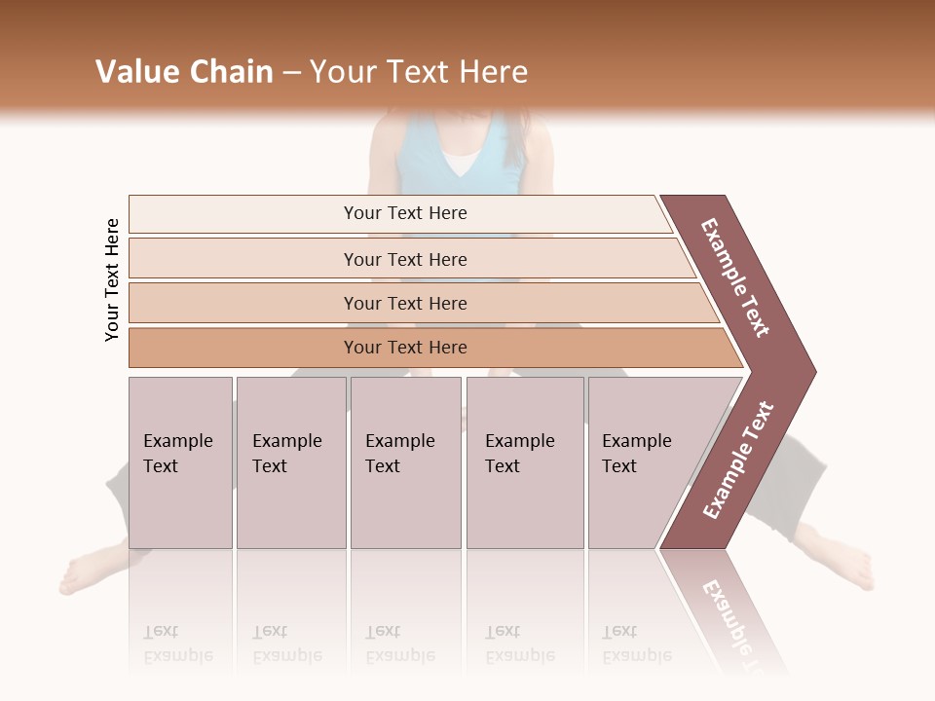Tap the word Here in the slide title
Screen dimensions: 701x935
pos(493,72)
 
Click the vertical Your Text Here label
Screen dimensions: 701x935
pos(112,279)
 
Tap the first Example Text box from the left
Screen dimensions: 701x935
pos(180,462)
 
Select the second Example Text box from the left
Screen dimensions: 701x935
pos(291,462)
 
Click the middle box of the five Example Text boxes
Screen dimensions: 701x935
pos(405,462)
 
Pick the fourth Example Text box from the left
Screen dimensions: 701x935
pos(525,462)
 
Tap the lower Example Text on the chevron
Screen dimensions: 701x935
pos(738,461)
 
